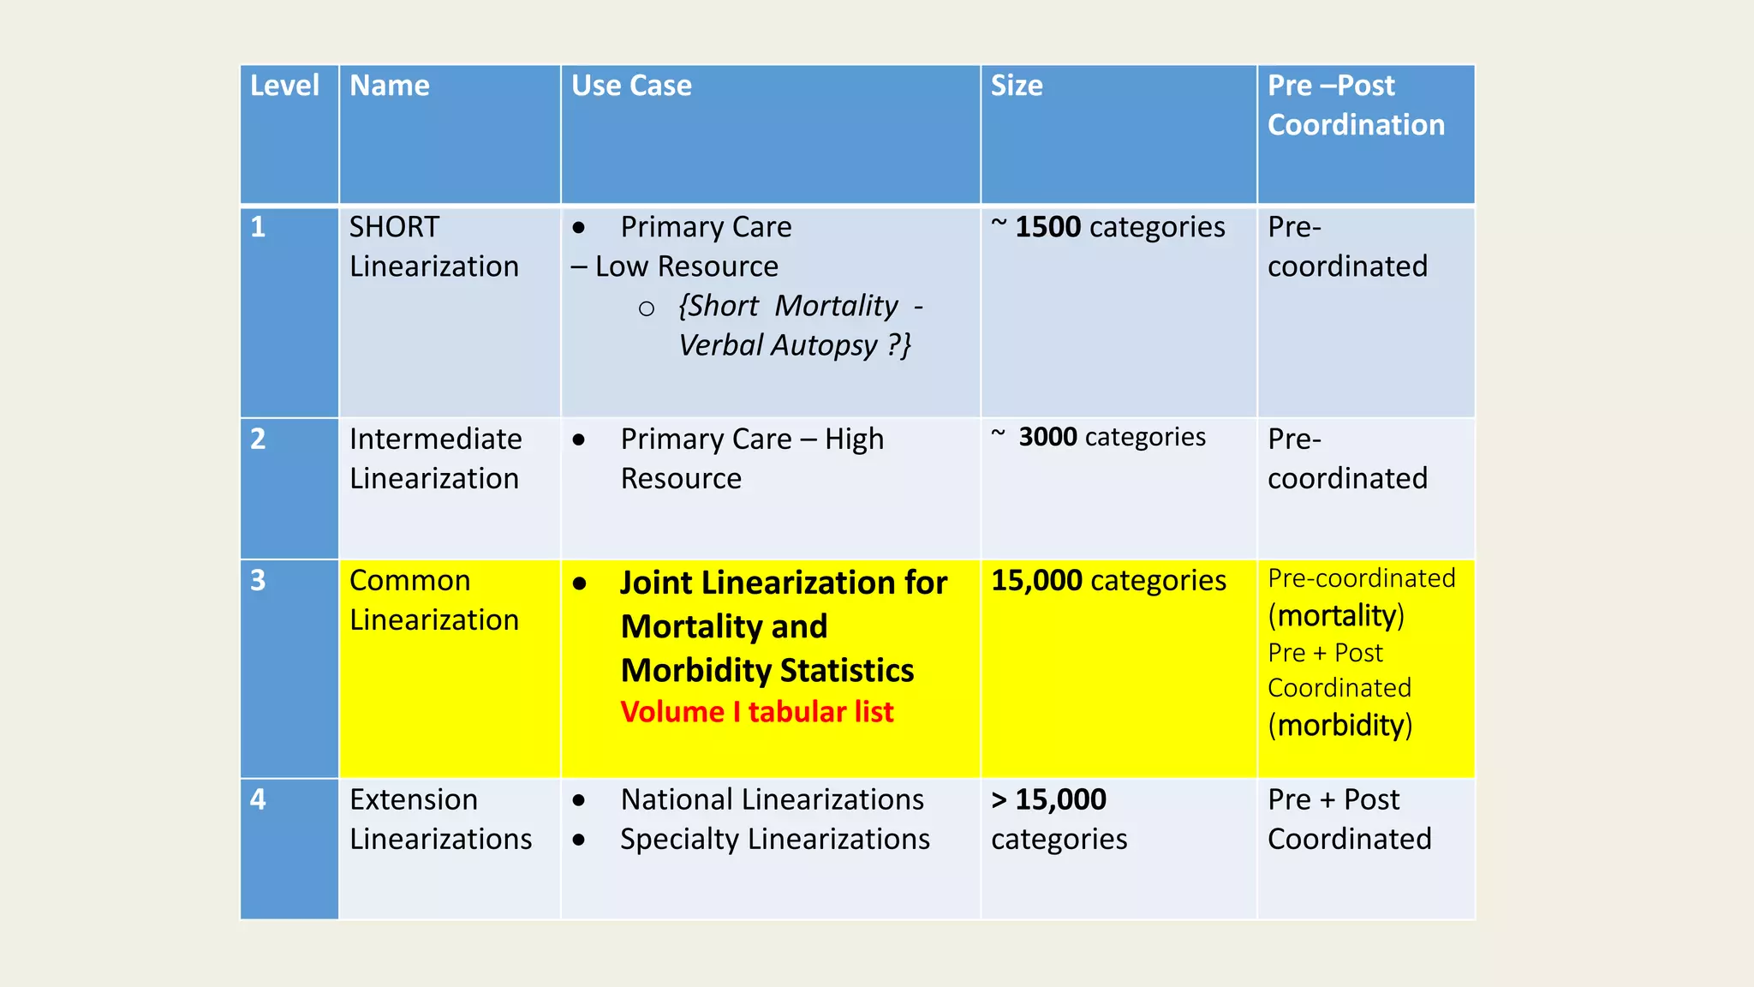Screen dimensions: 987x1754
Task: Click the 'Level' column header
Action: pos(284,86)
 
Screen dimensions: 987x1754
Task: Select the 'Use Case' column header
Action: pos(631,86)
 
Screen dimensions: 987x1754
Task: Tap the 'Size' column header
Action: pos(1017,86)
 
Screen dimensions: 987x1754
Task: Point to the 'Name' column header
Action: pos(390,86)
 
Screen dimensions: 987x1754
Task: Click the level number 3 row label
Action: pos(258,581)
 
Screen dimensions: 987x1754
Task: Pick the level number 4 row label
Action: pos(258,799)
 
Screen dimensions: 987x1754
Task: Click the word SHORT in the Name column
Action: pos(394,227)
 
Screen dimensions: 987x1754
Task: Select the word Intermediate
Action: pos(435,439)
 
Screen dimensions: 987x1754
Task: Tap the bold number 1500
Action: pos(1047,227)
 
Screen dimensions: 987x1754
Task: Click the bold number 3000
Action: pos(1047,437)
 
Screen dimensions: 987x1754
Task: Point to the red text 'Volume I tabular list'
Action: pos(756,712)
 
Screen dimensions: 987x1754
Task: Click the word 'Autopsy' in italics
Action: pos(824,345)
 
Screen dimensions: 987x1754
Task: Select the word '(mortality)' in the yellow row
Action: pos(1336,616)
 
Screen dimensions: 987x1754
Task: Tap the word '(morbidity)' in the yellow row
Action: pos(1339,726)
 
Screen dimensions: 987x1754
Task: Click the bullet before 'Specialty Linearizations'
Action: pos(579,840)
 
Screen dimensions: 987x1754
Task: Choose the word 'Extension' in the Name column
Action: pos(414,799)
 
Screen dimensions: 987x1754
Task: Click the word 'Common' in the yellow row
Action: pos(409,581)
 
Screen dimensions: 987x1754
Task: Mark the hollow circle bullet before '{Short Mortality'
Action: pos(647,308)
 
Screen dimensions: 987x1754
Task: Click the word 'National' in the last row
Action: pos(677,799)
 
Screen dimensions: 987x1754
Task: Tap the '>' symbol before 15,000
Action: pos(999,800)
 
